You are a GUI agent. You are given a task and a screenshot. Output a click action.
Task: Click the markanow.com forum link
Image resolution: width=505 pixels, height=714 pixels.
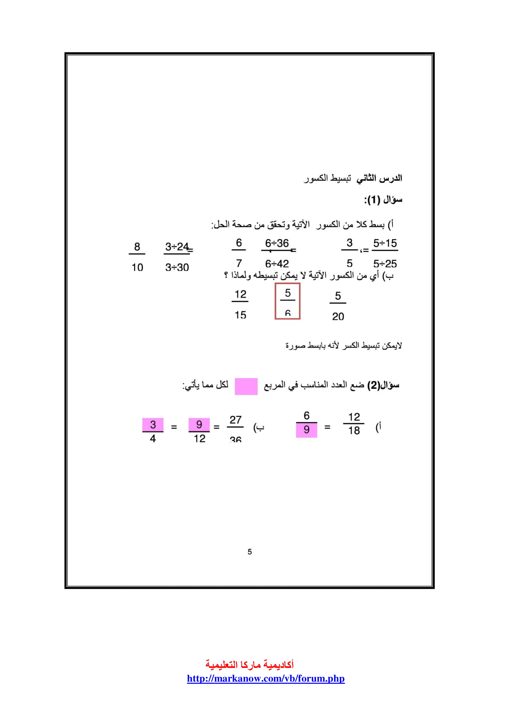pos(266,678)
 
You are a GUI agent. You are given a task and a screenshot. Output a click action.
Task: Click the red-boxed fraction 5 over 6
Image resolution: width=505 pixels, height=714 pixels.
pos(287,301)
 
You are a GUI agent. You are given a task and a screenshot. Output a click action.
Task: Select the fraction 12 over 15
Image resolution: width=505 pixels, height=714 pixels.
pos(240,304)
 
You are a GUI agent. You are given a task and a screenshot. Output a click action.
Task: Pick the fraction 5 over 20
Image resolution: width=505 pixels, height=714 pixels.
pos(338,306)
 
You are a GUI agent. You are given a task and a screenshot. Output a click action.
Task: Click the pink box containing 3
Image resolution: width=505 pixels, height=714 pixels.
pos(153,425)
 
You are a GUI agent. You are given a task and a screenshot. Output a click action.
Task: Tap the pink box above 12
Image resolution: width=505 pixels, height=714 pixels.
pos(199,425)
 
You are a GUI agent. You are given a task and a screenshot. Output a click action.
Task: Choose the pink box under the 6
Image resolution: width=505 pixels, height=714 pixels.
pos(306,430)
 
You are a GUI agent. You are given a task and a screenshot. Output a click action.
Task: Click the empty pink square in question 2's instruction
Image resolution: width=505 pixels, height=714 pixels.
pos(246,386)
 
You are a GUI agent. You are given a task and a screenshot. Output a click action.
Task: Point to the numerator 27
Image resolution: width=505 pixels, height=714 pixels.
pos(235,420)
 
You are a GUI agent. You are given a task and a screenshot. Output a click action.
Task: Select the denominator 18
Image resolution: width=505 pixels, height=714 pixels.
pos(354,431)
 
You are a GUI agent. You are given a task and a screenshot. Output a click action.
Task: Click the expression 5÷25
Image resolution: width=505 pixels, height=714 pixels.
pos(385,264)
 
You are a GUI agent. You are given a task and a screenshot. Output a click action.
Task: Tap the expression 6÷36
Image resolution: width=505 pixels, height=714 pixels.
pos(277,243)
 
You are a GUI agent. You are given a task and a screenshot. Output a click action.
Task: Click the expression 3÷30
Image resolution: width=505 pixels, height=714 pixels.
pos(177,267)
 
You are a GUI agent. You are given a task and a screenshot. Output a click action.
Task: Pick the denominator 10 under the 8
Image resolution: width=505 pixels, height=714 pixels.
pos(137,267)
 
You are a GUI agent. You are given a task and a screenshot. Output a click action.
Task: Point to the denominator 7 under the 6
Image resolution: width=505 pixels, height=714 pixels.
pos(239,263)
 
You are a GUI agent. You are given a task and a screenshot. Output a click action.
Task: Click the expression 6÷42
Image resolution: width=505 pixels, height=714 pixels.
pos(277,264)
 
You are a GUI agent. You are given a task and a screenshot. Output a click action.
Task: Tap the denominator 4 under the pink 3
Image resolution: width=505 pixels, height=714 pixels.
pos(153,438)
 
